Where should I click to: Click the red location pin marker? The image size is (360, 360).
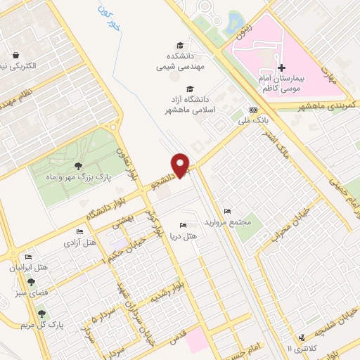pos(182,165)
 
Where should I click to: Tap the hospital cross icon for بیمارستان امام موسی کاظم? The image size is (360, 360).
pos(282,68)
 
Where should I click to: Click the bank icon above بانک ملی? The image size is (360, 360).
pos(254,110)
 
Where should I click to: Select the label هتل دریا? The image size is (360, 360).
pos(184,236)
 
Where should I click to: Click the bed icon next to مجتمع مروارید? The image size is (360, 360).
pos(226,211)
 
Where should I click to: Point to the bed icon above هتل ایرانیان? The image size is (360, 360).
pos(28,257)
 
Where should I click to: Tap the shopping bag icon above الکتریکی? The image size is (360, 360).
pos(15,55)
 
